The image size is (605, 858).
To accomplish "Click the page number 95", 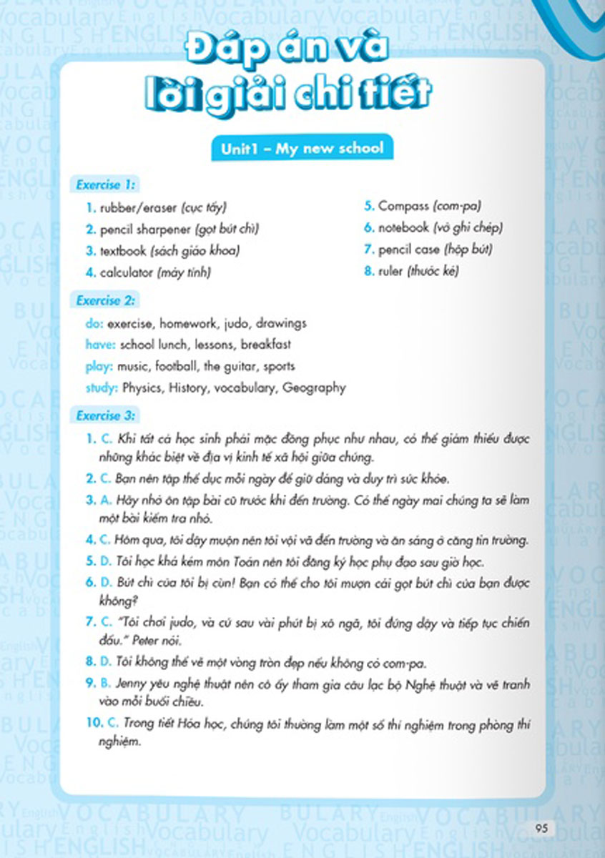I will pyautogui.click(x=541, y=829).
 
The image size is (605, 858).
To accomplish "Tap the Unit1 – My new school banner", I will pyautogui.click(x=302, y=149).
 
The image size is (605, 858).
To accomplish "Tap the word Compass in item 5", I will pyautogui.click(x=403, y=206).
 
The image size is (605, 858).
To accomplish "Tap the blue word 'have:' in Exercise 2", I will pyautogui.click(x=99, y=345).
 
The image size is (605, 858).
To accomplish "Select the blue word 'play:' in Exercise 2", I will pyautogui.click(x=98, y=366).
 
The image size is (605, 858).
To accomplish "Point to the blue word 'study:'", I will pyautogui.click(x=101, y=388).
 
